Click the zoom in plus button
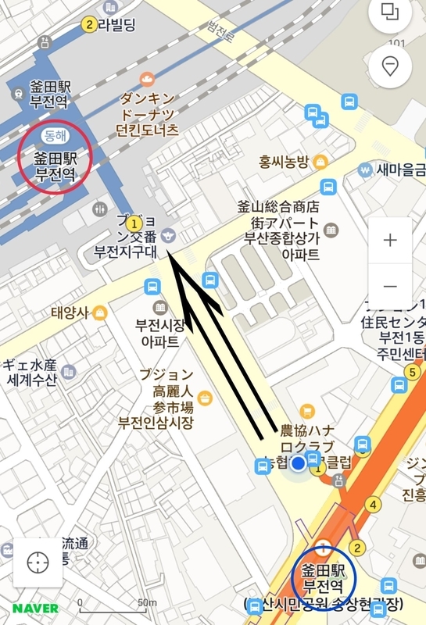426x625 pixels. pyautogui.click(x=390, y=240)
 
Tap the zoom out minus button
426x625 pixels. pyautogui.click(x=390, y=286)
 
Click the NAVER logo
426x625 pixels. pyautogui.click(x=34, y=608)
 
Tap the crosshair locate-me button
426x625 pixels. pyautogui.click(x=37, y=562)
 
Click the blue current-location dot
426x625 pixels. pyautogui.click(x=298, y=465)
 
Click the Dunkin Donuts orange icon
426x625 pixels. pyautogui.click(x=147, y=79)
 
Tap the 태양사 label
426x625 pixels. pyautogui.click(x=71, y=313)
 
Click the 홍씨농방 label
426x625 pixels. pyautogui.click(x=285, y=162)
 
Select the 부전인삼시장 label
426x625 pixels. pyautogui.click(x=155, y=423)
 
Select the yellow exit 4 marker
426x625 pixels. pyautogui.click(x=373, y=504)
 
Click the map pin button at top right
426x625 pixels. pyautogui.click(x=390, y=66)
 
